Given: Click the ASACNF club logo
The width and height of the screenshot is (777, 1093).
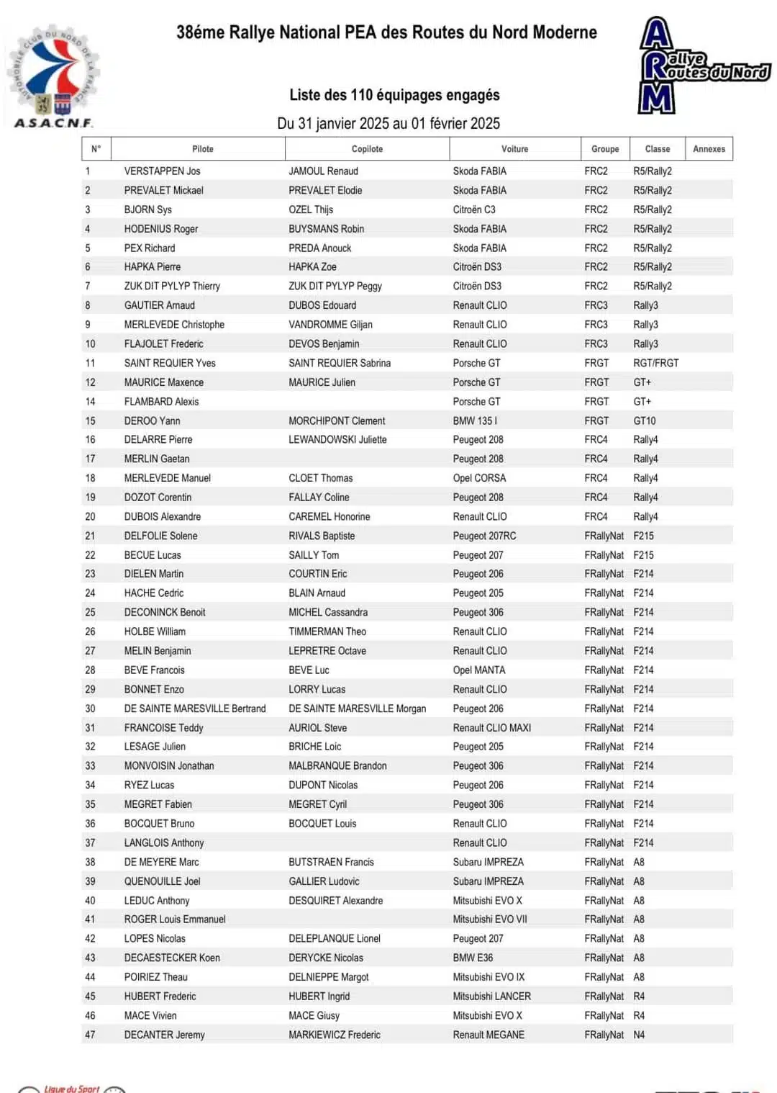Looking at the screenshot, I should coord(53,78).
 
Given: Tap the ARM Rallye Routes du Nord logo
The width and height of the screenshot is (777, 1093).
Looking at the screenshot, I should coord(701,66).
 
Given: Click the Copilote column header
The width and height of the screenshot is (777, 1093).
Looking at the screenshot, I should coord(367,149).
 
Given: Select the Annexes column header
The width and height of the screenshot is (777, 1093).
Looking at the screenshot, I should coord(709,149).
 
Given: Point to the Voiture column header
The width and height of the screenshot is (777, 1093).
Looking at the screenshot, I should coord(514,149).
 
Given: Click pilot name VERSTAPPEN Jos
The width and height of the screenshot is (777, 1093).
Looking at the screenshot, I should coord(162,171).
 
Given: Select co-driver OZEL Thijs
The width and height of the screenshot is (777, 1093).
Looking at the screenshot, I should coord(311,210).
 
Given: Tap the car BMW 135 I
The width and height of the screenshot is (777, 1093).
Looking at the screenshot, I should coord(475,420).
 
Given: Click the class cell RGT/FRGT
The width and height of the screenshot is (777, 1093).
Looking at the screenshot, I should coord(655,363).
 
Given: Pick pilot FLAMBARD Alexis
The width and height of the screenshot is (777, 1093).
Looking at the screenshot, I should coord(161,402).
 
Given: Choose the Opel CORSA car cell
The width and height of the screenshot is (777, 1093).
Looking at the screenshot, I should coord(479,478).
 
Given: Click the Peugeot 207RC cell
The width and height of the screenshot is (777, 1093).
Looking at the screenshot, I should coord(484,536).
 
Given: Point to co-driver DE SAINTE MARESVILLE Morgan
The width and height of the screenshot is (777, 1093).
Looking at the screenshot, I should coord(357,709).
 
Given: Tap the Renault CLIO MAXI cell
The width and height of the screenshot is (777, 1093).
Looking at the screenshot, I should coord(491,728).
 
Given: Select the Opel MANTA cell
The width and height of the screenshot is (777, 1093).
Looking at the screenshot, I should coord(478,670).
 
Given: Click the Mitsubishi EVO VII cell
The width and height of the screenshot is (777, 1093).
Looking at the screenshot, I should coord(489,919).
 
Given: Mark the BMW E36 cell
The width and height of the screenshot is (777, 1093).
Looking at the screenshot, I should coord(473,958).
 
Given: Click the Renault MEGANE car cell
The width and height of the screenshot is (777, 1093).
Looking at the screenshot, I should coord(489,1035).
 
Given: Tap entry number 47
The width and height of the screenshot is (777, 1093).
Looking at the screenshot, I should coord(90,1035).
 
